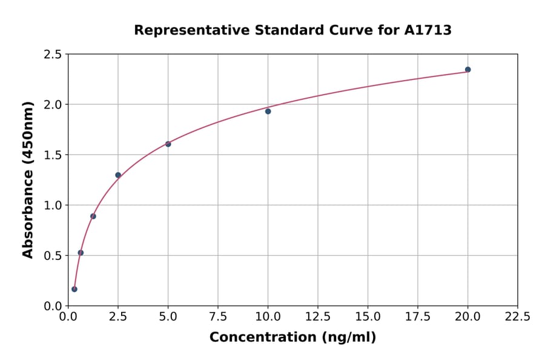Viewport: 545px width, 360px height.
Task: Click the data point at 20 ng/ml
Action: [x=467, y=70]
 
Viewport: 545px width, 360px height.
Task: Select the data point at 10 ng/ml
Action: [x=268, y=112]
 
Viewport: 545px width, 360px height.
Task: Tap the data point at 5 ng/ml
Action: [x=168, y=144]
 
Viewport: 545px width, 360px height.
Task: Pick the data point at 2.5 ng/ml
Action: [x=118, y=175]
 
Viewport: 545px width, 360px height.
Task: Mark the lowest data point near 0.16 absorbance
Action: [x=74, y=289]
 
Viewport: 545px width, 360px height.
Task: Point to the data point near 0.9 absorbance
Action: [x=93, y=216]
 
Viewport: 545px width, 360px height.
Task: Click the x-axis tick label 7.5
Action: [x=218, y=317]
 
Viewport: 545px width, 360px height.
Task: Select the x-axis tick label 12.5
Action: [x=317, y=317]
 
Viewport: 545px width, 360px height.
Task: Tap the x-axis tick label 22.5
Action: [x=517, y=317]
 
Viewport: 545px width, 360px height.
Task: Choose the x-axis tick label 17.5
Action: [x=417, y=317]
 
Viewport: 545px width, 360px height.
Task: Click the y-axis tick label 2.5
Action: [x=53, y=55]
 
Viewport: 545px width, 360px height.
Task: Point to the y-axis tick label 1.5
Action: [x=53, y=155]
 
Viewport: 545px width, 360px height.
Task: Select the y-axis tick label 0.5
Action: [x=53, y=256]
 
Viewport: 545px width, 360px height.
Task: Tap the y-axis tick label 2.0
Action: [x=53, y=105]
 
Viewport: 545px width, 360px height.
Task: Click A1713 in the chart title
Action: [x=428, y=30]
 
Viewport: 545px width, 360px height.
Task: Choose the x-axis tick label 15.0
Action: [x=368, y=317]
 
